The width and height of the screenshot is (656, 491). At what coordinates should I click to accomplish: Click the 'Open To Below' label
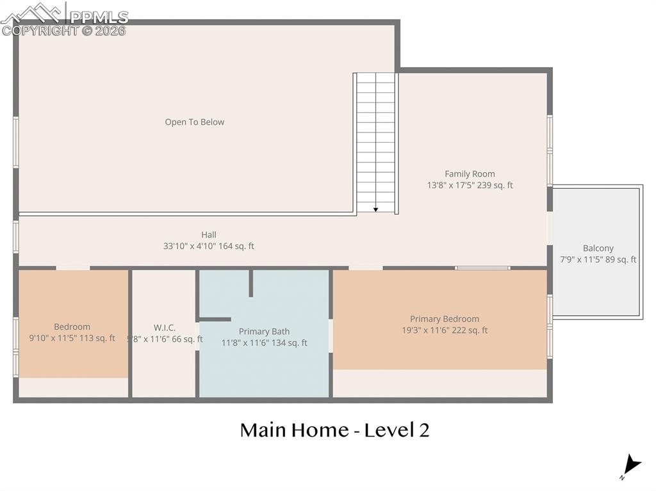[x=195, y=122]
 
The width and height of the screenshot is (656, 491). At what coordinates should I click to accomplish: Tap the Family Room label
[x=470, y=174]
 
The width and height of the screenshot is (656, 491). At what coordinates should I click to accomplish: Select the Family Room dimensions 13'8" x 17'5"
[x=470, y=186]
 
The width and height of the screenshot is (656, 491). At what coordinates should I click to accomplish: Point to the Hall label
[x=209, y=235]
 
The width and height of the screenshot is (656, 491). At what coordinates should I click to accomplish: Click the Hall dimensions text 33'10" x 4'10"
[x=209, y=246]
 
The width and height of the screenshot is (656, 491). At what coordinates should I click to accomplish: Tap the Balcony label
[x=598, y=248]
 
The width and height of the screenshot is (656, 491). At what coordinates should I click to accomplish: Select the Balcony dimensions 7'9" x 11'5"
[x=598, y=259]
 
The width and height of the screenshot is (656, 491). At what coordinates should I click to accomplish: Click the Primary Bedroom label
[x=444, y=319]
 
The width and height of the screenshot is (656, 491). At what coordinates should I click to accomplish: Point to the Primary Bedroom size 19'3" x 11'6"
[x=444, y=330]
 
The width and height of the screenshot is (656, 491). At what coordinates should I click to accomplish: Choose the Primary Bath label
[x=264, y=332]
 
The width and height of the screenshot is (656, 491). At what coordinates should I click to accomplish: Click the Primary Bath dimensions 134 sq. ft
[x=288, y=343]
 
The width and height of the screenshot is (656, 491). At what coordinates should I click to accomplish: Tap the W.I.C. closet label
[x=164, y=328]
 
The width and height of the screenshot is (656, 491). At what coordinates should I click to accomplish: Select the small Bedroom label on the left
[x=72, y=326]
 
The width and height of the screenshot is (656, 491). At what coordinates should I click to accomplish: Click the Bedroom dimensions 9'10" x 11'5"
[x=72, y=338]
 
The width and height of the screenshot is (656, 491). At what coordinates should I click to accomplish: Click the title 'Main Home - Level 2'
[x=334, y=430]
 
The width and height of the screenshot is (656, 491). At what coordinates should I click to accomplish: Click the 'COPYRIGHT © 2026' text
[x=64, y=31]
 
